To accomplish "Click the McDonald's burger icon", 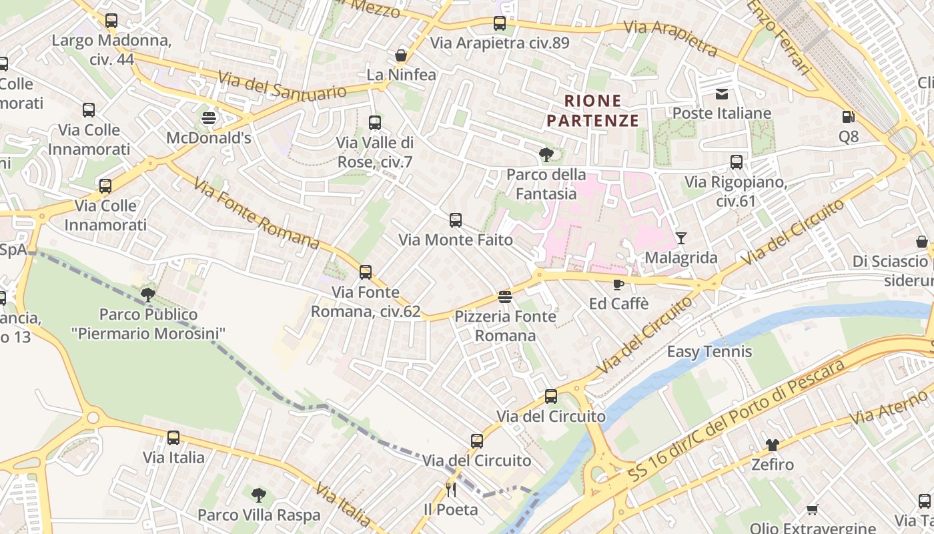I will click(209, 118).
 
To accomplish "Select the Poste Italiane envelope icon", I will click(722, 93).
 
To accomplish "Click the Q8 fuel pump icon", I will click(848, 117).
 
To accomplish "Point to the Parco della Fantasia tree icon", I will click(546, 155).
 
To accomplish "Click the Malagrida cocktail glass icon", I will click(680, 238).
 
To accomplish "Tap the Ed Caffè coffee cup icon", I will click(618, 284).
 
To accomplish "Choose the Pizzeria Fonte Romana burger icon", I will click(505, 296).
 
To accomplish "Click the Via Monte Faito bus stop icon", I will click(456, 220).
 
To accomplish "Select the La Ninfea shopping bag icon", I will click(401, 55).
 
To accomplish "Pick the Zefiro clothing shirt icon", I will click(773, 445).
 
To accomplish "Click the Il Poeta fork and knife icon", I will click(451, 490).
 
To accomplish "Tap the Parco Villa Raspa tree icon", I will click(259, 495).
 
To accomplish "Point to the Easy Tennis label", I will click(709, 352).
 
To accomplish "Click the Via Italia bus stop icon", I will click(173, 438).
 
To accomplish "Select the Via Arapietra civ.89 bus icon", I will click(500, 23).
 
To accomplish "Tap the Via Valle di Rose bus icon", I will click(375, 123).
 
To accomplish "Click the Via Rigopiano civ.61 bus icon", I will click(737, 162).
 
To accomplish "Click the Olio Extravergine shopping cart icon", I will click(812, 509).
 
